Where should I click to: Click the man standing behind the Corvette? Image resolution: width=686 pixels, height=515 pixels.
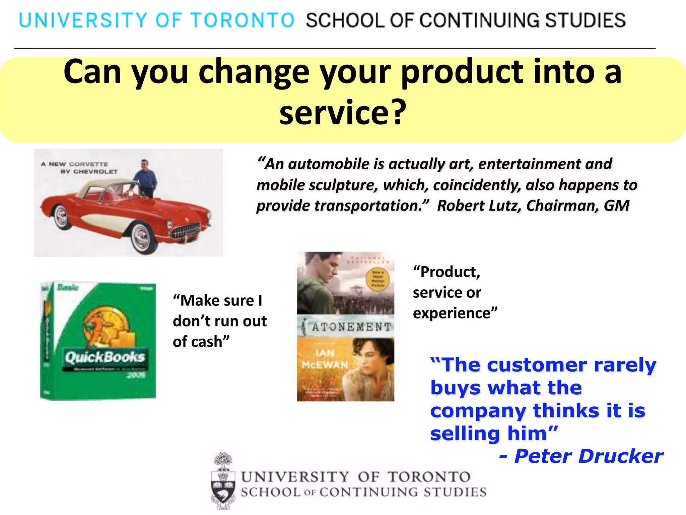tap(145, 178)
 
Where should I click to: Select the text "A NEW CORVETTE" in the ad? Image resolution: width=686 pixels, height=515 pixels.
tap(74, 164)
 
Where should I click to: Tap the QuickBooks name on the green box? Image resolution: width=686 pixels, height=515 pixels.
tap(105, 357)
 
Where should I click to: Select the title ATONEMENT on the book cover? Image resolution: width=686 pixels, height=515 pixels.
tap(351, 327)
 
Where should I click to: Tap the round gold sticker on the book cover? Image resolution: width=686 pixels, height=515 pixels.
tap(378, 279)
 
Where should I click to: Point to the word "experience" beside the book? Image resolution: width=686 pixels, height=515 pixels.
tap(452, 313)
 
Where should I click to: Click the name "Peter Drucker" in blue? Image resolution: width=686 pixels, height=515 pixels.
tap(588, 456)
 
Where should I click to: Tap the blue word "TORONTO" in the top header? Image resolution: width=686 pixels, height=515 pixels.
tap(243, 20)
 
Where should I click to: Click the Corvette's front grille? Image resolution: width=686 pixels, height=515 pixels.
tap(186, 230)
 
